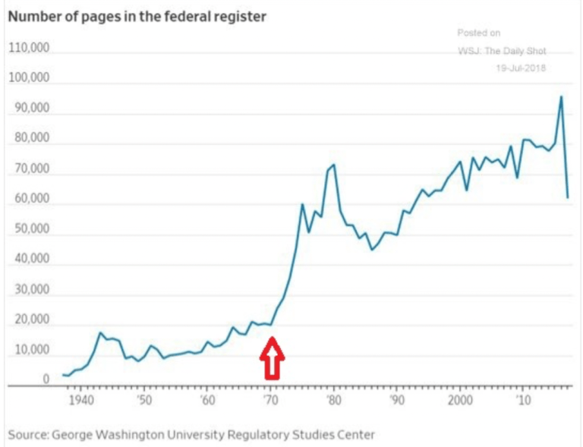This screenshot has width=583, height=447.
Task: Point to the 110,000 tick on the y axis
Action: (29, 49)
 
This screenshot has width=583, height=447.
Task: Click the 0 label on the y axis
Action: (46, 379)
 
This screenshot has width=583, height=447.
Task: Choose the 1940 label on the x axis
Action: (80, 401)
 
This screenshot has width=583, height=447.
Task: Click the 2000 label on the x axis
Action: (460, 401)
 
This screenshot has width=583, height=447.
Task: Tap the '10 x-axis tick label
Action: (523, 401)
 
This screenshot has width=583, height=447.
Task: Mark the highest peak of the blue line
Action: (561, 96)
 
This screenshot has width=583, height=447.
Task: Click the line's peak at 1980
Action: (334, 165)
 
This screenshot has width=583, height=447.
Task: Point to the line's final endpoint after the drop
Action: (568, 197)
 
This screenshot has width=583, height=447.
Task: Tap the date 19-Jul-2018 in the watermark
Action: (522, 68)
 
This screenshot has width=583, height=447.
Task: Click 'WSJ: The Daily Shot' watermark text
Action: (502, 51)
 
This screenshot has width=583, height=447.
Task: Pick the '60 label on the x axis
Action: (206, 401)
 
